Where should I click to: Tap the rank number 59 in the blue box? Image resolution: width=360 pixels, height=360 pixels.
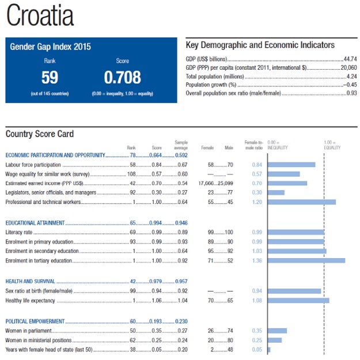coord(50,77)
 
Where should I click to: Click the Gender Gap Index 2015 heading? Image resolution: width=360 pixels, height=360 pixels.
coord(51,47)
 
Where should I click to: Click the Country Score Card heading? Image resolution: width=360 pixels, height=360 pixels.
coord(40,134)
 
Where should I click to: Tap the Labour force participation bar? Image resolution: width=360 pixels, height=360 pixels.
coord(291,165)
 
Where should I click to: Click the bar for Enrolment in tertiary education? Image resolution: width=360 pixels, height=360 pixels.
coord(306,261)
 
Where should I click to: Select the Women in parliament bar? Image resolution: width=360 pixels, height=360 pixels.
coord(277,331)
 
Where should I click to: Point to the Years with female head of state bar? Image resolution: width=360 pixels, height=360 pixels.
coord(269,350)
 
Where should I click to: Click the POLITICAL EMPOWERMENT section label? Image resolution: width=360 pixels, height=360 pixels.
coord(35,321)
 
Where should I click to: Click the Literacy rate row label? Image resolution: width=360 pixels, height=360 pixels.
coord(19,232)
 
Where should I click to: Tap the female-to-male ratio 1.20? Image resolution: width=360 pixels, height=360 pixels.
coord(257,202)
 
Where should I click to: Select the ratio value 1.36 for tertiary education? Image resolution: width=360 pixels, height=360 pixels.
coord(257,261)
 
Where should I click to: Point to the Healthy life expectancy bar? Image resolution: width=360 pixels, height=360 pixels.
coord(298,301)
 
